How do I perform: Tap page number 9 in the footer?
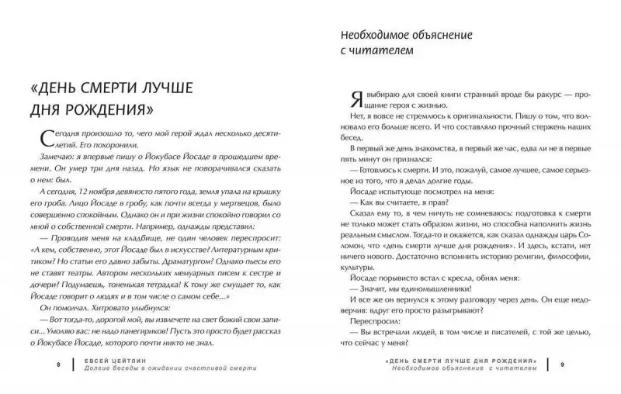point(563,362)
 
